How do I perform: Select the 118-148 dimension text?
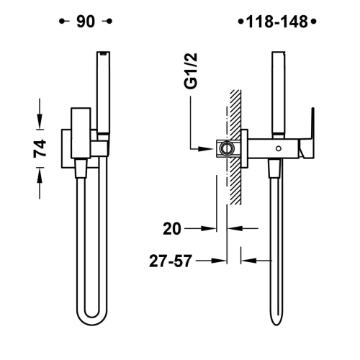[276, 21]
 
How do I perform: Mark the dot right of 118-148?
[314, 21]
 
